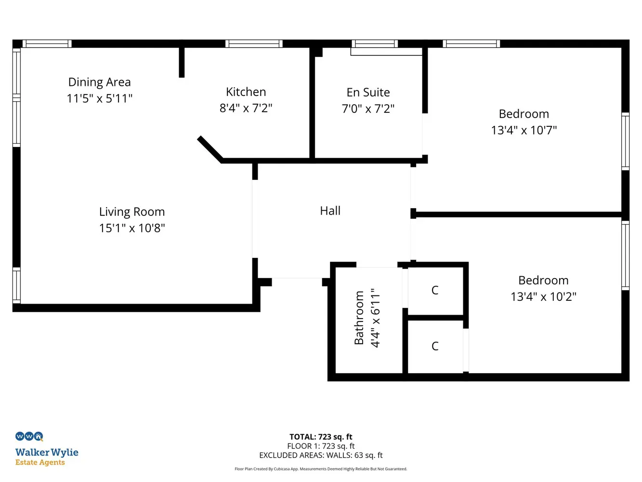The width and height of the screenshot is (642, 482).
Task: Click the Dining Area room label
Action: coord(99,82)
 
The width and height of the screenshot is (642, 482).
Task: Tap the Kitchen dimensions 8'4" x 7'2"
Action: coord(246,108)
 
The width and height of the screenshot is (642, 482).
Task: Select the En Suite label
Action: coord(368,93)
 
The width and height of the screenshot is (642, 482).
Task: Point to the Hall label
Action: coord(330,211)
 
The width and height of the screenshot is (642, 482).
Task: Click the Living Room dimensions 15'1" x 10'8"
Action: coord(132,228)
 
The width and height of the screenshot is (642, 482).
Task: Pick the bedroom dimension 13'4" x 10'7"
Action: coord(524,130)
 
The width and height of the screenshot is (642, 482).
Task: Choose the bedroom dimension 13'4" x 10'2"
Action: coord(543,296)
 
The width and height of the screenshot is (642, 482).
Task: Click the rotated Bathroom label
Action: coord(359,318)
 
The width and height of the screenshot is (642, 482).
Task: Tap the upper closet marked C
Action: coord(435,290)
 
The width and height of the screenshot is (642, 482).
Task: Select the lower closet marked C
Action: coord(435,346)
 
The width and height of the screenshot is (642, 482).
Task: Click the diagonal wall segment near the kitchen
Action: coord(210,149)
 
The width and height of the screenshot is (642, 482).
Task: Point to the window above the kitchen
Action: coord(254,43)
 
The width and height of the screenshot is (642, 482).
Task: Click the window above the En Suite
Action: coord(375,43)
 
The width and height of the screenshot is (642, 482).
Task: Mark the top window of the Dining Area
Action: coord(47,43)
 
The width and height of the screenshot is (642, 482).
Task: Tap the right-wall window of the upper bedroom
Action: coord(625,141)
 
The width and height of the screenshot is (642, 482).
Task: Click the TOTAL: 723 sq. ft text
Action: coord(321,437)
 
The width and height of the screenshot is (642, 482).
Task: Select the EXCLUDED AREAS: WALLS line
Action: coord(321,455)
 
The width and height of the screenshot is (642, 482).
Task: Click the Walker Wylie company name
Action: coord(47,452)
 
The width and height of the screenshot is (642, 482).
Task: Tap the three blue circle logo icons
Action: coord(29,436)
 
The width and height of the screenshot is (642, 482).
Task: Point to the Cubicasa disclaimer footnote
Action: coord(321,469)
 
